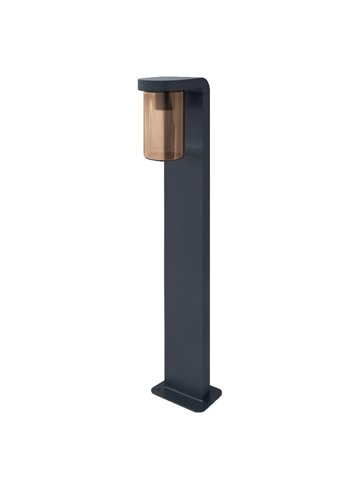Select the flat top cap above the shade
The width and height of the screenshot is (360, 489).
coord(170,83)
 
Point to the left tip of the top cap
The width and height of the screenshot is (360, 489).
coord(139,84)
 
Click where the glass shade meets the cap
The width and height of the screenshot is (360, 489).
coord(163,91)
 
